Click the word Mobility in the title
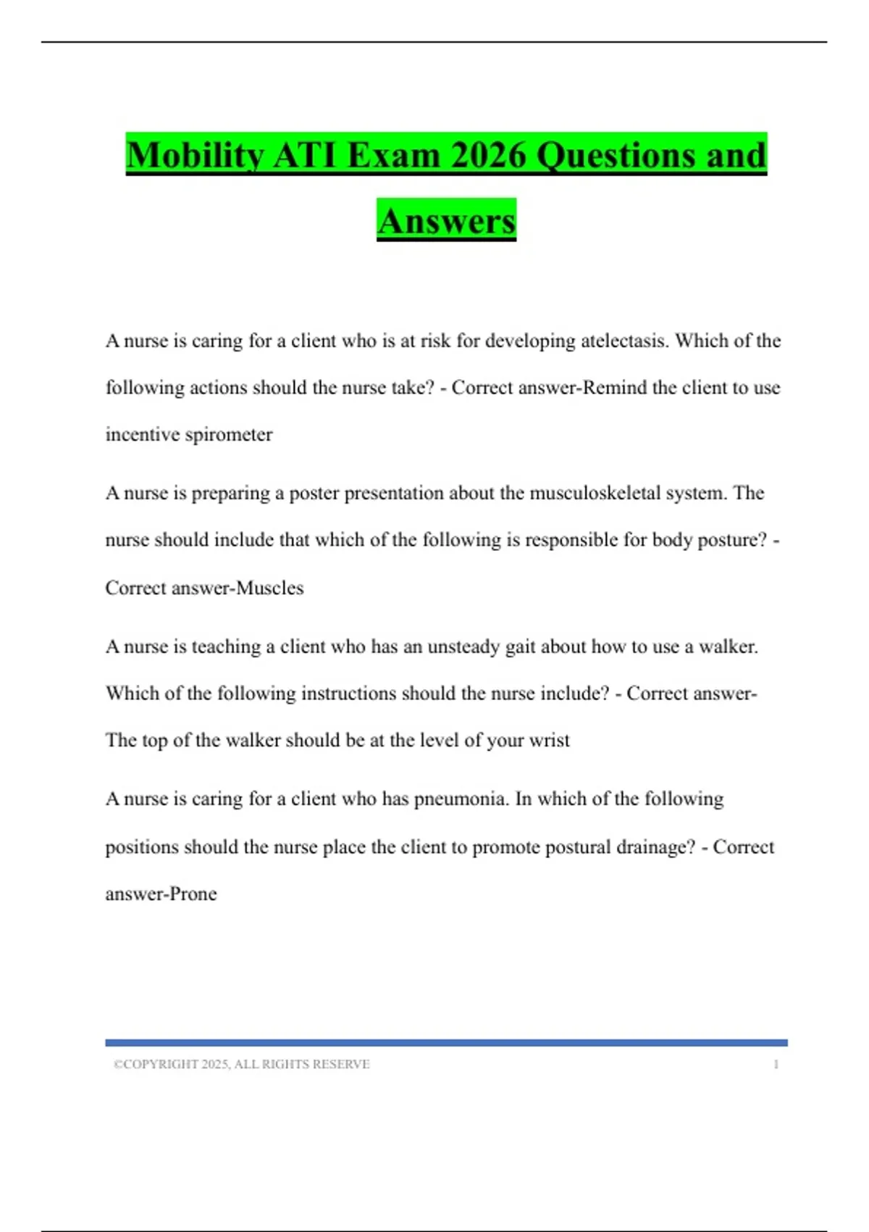pos(195,155)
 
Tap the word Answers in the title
pos(446,221)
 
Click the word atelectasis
pos(624,341)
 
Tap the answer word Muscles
pos(270,588)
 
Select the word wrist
pos(549,741)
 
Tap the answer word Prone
pos(193,894)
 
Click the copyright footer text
pos(242,1064)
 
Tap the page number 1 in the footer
pos(776,1064)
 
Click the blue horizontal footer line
pos(446,1043)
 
